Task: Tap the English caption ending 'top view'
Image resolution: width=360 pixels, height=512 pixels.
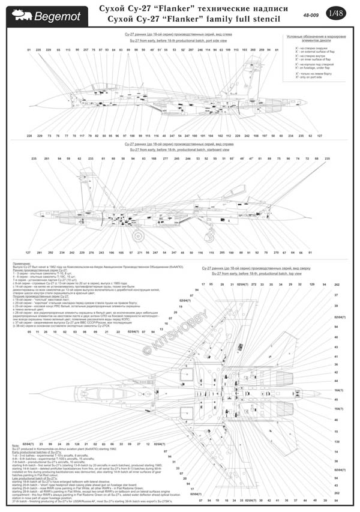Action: tap(252, 273)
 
